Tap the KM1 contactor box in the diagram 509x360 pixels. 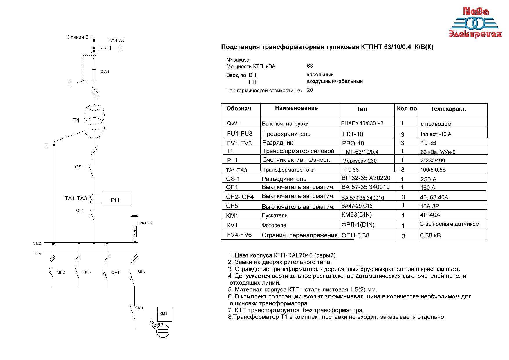pos(164,314)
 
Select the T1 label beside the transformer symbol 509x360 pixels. pos(76,120)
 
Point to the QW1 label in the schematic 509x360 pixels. pos(105,72)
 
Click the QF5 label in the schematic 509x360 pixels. pos(142,271)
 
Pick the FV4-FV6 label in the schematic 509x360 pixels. pos(145,223)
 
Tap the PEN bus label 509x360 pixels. pos(38,254)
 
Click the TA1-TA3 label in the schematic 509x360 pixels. pos(76,198)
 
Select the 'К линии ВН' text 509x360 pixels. pos(79,37)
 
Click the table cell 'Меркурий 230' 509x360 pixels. pos(359,161)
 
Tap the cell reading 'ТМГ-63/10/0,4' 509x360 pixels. pos(360,152)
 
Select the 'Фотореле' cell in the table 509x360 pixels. pos(274,225)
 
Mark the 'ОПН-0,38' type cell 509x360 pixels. pos(355,235)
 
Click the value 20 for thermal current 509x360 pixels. pos(310,90)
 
